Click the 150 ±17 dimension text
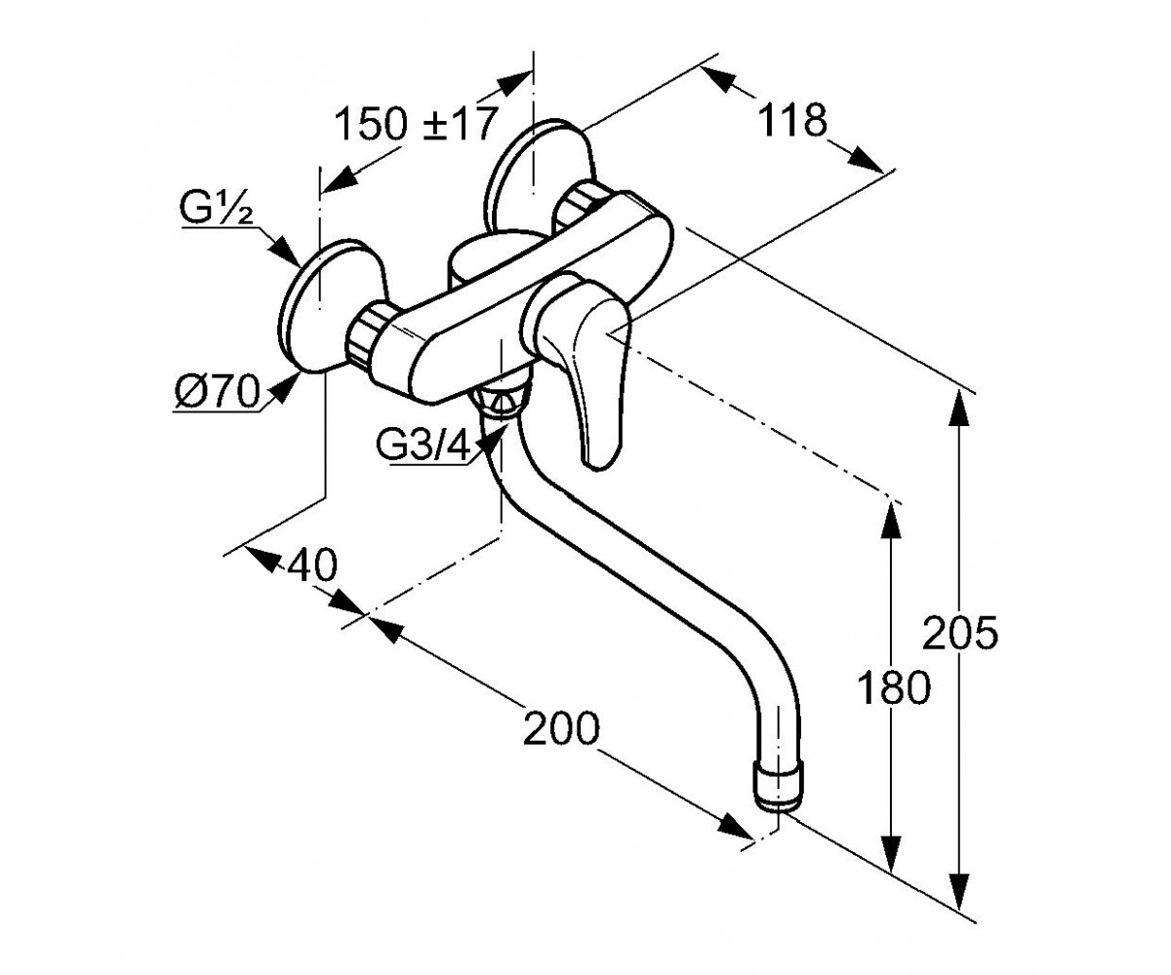coord(416,123)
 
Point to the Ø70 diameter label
coord(218,391)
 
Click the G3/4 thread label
coord(423,447)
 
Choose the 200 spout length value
coord(561,728)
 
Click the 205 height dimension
coord(960,633)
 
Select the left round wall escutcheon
coord(331,306)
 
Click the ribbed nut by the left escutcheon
coord(367,336)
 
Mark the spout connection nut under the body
coord(500,399)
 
